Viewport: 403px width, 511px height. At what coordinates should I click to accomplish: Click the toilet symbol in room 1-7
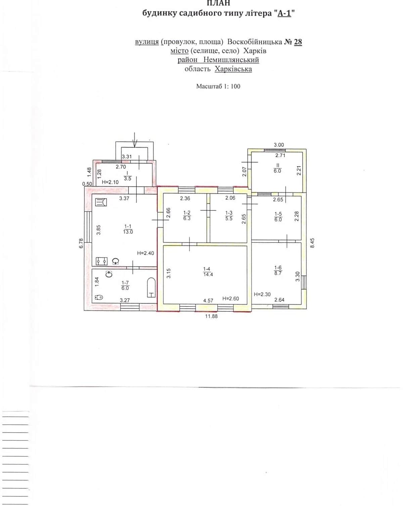tap(99, 297)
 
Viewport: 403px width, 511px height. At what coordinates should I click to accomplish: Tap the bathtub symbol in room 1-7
tap(151, 287)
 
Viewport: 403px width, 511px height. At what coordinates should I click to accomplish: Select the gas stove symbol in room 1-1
tap(102, 261)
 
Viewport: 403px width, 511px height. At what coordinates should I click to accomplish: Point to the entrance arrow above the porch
tap(135, 140)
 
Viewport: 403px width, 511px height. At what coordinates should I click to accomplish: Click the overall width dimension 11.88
tap(211, 316)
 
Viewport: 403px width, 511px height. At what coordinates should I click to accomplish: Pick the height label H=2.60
tap(231, 299)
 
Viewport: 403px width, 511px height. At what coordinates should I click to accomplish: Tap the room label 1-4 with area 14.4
tap(208, 272)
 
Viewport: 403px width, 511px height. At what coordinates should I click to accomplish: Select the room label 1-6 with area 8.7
tap(278, 270)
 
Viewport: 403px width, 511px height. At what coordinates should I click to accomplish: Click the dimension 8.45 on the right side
tap(312, 243)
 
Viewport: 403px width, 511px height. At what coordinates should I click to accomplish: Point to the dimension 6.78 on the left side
tap(81, 243)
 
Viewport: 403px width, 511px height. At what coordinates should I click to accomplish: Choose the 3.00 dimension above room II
tap(279, 145)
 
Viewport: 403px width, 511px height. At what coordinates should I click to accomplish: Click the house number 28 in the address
tap(298, 42)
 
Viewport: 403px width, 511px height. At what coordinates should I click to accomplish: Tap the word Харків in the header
tap(255, 51)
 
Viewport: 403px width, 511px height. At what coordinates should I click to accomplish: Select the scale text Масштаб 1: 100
tap(218, 86)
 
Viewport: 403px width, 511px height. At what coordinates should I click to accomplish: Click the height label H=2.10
tap(110, 182)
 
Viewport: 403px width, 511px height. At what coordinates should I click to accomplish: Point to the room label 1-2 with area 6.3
tap(187, 215)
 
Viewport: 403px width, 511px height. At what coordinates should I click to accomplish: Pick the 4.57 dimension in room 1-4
tap(208, 301)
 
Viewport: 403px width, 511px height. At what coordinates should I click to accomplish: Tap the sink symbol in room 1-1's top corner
tap(101, 202)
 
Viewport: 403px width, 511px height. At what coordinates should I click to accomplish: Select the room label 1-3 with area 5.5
tap(229, 215)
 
